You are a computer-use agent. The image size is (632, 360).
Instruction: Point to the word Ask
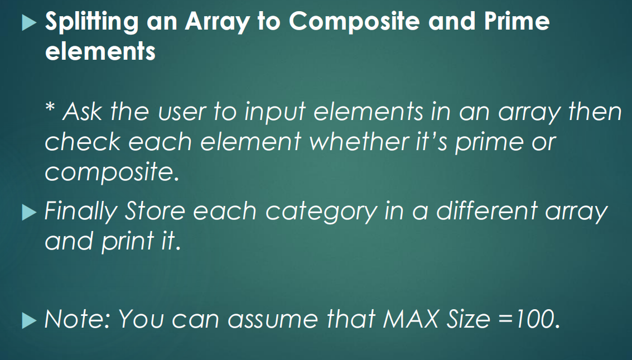[x=82, y=112]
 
